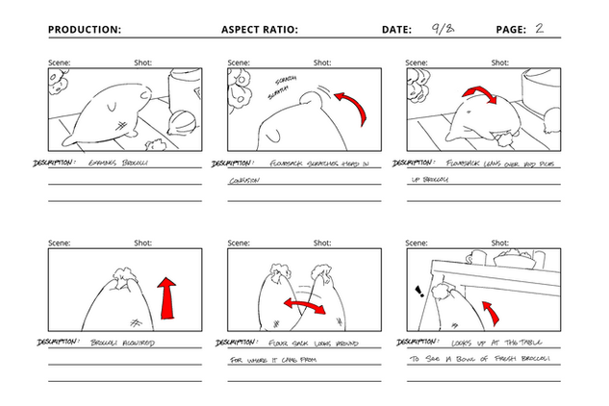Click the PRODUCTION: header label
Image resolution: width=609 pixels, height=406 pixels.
[85, 30]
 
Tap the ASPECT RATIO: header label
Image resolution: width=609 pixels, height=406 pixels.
[260, 30]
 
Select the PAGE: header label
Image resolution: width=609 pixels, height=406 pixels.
[511, 30]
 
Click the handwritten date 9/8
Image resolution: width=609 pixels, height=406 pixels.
[444, 28]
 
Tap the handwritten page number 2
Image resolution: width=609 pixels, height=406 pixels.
[540, 29]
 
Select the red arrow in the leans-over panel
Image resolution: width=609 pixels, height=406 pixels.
[480, 95]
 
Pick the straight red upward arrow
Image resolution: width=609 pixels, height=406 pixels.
[166, 297]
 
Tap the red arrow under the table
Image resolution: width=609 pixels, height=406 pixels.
[492, 312]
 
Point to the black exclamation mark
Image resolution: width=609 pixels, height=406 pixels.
[418, 292]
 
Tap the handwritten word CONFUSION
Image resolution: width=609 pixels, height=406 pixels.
[246, 181]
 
